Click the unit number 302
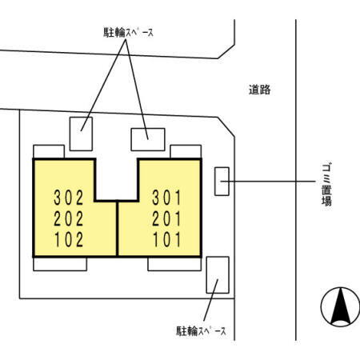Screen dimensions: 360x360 [69, 198]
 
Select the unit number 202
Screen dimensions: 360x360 [69, 218]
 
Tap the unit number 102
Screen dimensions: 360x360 [69, 239]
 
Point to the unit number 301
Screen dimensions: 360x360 [166, 198]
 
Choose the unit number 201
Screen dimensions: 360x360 [166, 218]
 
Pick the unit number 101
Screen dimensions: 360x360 [166, 239]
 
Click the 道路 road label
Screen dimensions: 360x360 [259, 90]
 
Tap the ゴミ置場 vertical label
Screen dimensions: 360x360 [326, 185]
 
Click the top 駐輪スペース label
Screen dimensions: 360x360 [128, 33]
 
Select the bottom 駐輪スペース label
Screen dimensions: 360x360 [201, 331]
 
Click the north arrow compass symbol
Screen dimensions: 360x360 [341, 307]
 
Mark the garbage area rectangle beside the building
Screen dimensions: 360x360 [222, 182]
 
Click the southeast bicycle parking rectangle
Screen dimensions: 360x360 [218, 275]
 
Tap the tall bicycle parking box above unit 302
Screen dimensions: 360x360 [81, 134]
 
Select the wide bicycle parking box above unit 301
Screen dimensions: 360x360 [148, 139]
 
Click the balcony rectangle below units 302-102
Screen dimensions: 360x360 [60, 264]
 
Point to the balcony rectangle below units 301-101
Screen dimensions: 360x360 [174, 264]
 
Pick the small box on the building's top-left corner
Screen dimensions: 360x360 [49, 152]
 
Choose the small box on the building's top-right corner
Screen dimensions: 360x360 [186, 152]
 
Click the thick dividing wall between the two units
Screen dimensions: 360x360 [117, 229]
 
